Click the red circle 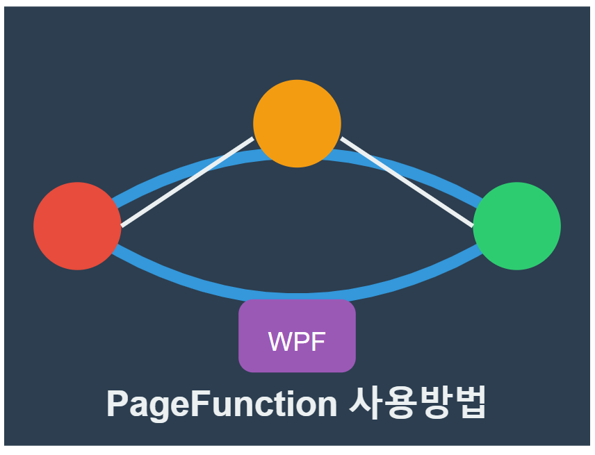tap(77, 226)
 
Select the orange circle tap(297, 124)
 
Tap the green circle tap(516, 226)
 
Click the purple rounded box tap(297, 336)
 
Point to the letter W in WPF tap(279, 342)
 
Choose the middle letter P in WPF tap(300, 342)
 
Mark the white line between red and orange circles tap(188, 182)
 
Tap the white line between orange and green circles tap(407, 182)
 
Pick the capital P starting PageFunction tap(117, 403)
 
